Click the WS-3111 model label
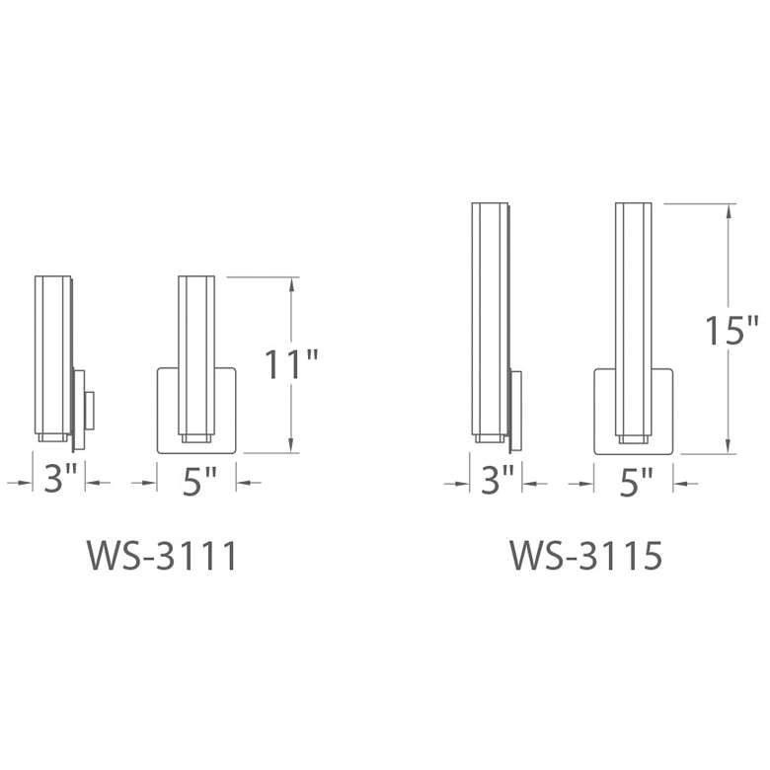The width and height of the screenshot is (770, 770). [x=163, y=557]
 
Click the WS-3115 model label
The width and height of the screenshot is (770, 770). [x=585, y=557]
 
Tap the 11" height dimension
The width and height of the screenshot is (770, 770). [x=291, y=365]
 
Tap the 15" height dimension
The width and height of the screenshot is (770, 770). [x=731, y=330]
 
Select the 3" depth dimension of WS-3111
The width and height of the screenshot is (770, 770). [x=60, y=481]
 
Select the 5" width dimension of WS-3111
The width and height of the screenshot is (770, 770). [x=198, y=481]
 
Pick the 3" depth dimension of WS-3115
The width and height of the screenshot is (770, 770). [x=497, y=482]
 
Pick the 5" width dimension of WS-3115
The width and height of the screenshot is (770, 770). [x=635, y=482]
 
